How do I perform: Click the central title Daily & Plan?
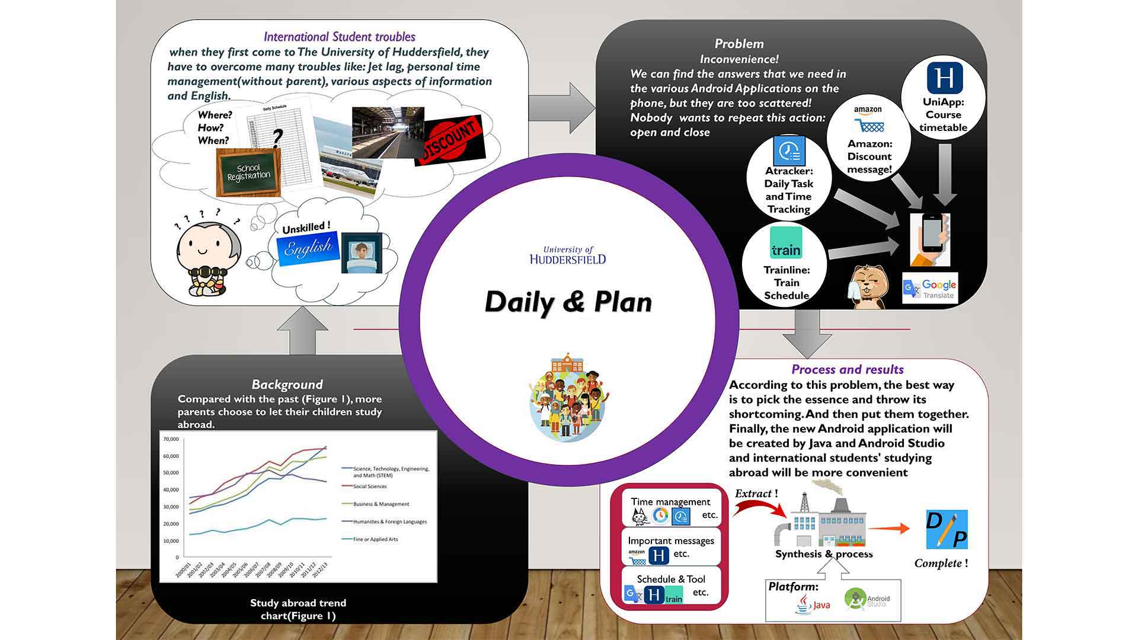[x=568, y=302]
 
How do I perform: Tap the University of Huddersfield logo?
[x=568, y=255]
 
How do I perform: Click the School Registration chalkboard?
[x=248, y=172]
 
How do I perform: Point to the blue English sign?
[x=308, y=247]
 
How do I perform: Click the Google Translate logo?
[x=929, y=289]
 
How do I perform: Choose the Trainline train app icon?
[x=786, y=242]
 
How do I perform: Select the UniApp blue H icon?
[x=944, y=78]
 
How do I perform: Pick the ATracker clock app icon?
[x=789, y=151]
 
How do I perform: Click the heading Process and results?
[x=847, y=370]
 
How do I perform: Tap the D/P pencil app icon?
[x=947, y=529]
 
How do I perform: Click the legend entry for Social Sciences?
[x=370, y=487]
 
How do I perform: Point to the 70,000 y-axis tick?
[x=171, y=439]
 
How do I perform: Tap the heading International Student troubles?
[x=339, y=37]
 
